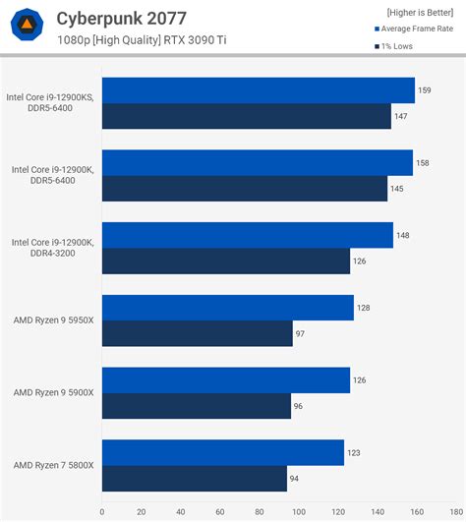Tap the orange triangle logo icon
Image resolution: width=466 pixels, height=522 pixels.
point(28,26)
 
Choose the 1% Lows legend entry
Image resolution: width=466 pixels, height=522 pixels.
point(398,45)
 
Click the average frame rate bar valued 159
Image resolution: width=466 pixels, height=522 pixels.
point(258,90)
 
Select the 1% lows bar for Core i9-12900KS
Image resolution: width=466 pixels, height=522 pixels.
point(246,116)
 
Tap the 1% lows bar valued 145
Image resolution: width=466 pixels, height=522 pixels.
point(244,188)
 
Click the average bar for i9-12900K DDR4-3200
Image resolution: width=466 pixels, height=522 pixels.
point(247,235)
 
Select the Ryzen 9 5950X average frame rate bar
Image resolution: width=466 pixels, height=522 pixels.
point(227,308)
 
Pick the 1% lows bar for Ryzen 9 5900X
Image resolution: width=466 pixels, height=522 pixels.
point(196,406)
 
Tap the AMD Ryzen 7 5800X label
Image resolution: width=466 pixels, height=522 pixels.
point(54,465)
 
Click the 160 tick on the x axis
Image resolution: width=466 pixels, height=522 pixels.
point(417,511)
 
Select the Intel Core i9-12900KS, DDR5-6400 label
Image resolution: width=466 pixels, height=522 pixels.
point(52,102)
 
